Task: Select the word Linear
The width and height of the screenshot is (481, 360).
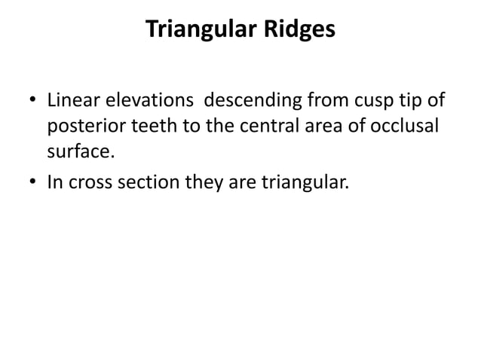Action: pyautogui.click(x=72, y=99)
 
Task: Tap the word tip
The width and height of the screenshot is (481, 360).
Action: pyautogui.click(x=403, y=101)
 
